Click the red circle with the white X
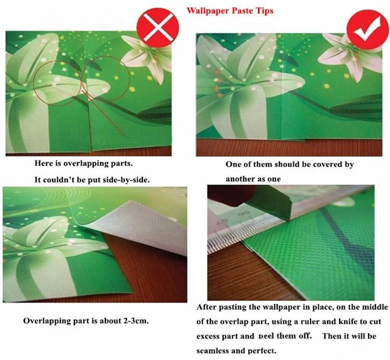point(158,27)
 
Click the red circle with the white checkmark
point(368,29)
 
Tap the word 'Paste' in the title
point(241,11)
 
